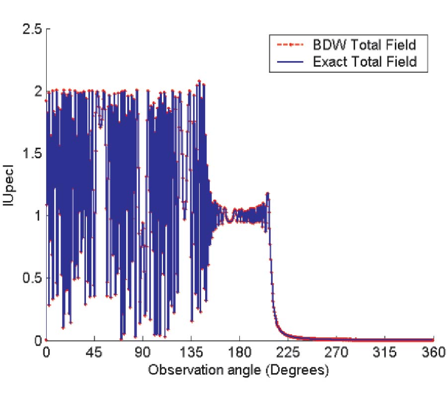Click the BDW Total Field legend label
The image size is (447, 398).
(x=364, y=45)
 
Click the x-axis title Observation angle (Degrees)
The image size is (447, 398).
(x=240, y=370)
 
